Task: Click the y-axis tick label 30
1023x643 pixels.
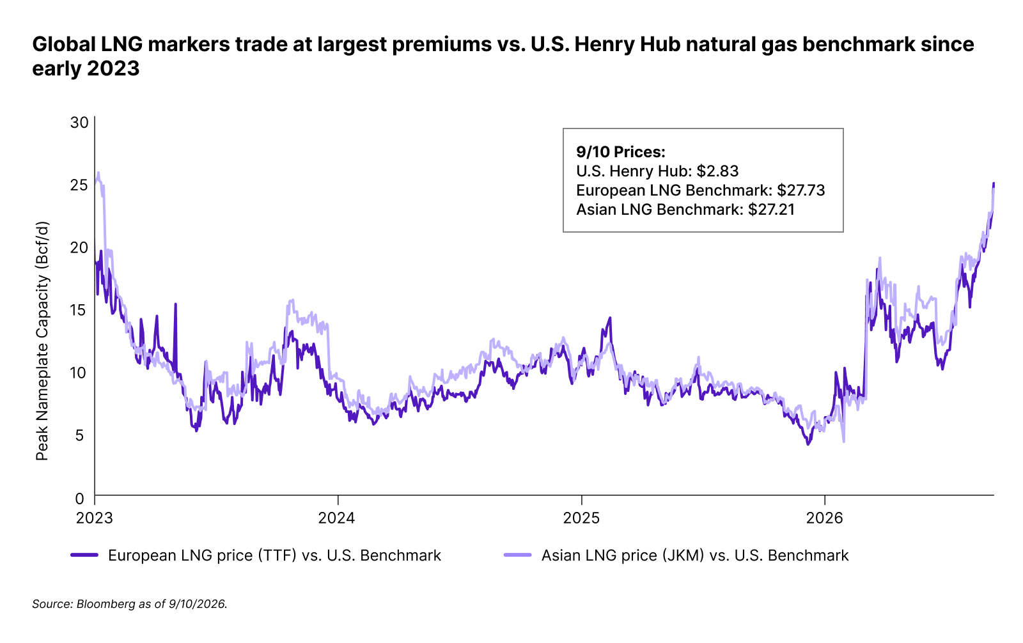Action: [79, 122]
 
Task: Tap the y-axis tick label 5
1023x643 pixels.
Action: [80, 435]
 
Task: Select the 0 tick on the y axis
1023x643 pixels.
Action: [79, 498]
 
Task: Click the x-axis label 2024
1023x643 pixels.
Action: [336, 518]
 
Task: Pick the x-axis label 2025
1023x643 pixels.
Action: [581, 518]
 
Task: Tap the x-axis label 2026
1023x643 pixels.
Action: [824, 518]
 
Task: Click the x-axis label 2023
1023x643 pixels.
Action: [95, 518]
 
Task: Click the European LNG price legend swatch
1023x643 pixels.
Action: [84, 555]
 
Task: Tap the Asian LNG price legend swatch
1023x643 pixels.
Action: [517, 555]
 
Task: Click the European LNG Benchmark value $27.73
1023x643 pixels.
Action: [801, 190]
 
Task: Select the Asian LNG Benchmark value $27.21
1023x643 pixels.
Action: [771, 210]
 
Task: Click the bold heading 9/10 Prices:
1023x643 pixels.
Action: [621, 151]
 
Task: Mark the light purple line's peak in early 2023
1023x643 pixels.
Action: [98, 173]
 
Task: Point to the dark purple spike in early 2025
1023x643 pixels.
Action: [610, 318]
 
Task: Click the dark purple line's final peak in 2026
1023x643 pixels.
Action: [994, 183]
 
